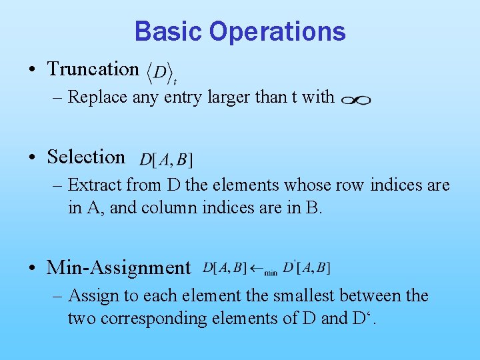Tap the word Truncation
tap(93, 69)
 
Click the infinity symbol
tap(355, 99)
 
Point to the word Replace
tap(97, 97)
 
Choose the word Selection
tap(86, 157)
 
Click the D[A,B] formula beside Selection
tap(166, 159)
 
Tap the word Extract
tap(94, 185)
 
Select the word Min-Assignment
tap(119, 267)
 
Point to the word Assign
tap(92, 295)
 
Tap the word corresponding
tap(177, 318)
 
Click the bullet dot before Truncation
tap(33, 69)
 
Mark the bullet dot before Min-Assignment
tap(33, 268)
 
